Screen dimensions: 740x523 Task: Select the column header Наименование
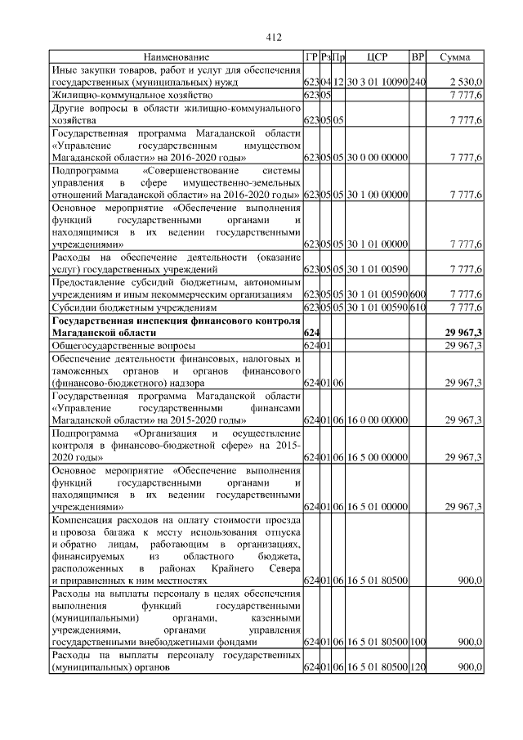(177, 57)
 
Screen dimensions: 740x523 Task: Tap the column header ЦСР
(377, 57)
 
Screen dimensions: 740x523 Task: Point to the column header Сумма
(456, 57)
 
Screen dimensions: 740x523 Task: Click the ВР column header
(418, 57)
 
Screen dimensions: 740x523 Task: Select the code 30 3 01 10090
(377, 83)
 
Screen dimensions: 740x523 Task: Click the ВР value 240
(418, 83)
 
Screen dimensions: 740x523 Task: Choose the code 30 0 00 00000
(377, 158)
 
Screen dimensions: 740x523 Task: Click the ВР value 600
(418, 294)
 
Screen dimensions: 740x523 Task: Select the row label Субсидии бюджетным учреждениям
(134, 307)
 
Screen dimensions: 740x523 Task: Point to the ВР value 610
(418, 307)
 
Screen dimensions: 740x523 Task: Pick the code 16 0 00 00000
(377, 420)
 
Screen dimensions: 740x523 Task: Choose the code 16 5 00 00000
(377, 458)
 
